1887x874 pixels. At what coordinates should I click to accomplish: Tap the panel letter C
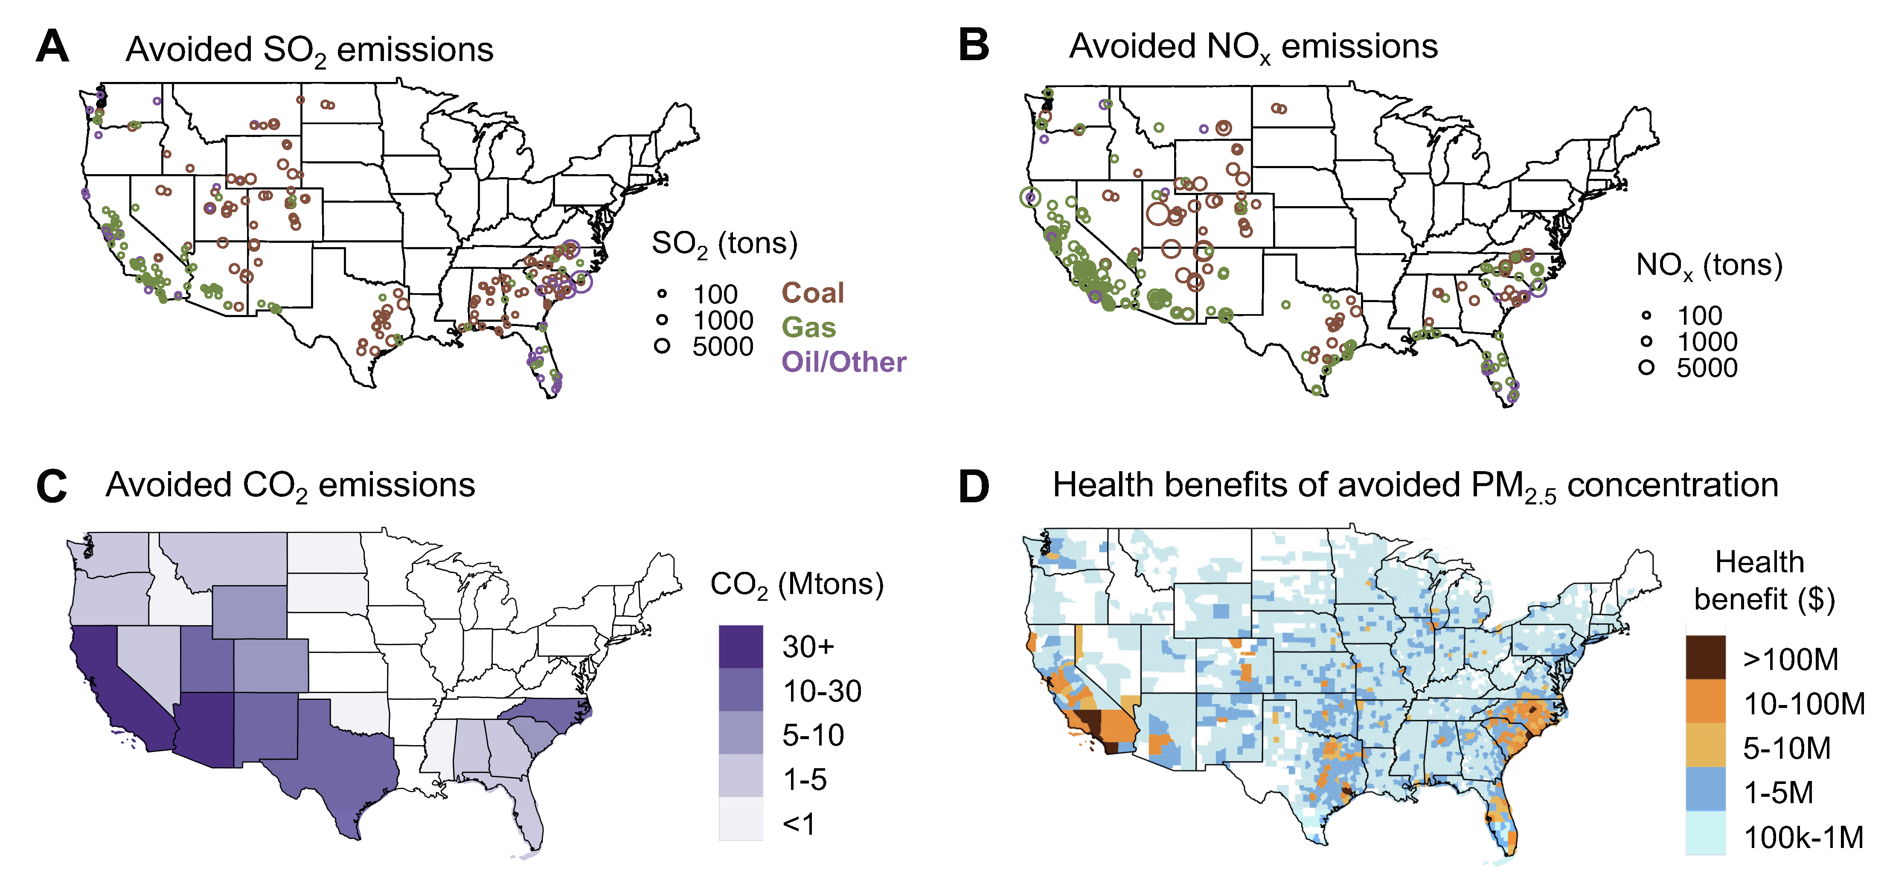click(x=51, y=487)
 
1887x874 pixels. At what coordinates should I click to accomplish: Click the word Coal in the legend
click(x=812, y=293)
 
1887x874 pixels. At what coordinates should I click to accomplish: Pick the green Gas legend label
click(x=809, y=327)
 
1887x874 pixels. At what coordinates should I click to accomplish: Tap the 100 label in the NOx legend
click(x=1699, y=316)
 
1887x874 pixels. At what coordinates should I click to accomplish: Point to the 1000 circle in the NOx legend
click(x=1646, y=341)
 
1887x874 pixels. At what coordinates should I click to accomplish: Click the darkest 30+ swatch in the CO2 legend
click(x=741, y=646)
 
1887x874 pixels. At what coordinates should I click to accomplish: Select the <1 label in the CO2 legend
click(x=799, y=824)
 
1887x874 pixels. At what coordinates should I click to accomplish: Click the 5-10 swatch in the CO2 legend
click(x=741, y=734)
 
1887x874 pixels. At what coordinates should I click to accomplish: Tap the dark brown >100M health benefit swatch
click(x=1705, y=658)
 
